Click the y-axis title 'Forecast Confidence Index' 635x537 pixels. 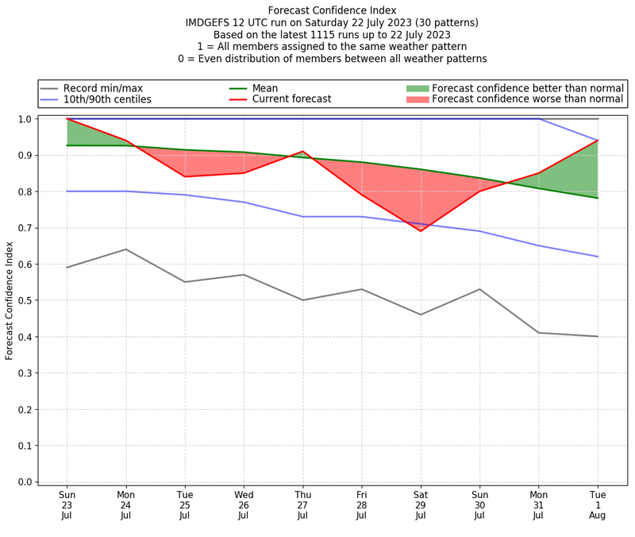(10, 300)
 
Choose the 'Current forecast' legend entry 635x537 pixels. (291, 99)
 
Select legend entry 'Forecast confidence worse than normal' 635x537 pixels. (528, 99)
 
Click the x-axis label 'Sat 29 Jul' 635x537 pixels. (421, 506)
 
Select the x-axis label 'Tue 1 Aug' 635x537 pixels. (598, 506)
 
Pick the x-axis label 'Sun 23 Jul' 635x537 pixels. (67, 506)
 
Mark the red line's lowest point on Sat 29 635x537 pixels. (421, 231)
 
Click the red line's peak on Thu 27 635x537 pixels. (302, 152)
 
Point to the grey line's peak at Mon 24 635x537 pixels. (125, 249)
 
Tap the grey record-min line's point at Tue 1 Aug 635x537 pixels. (598, 336)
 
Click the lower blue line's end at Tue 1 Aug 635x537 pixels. (598, 257)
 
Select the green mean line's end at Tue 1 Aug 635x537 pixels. (598, 198)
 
